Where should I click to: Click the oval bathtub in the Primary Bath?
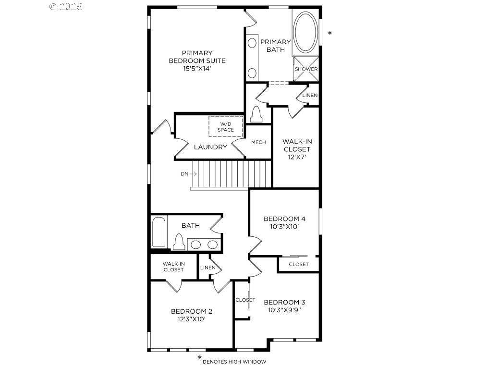click(x=305, y=32)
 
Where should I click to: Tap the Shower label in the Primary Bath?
click(x=306, y=69)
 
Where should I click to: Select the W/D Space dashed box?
click(x=225, y=127)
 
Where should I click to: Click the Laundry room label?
click(x=210, y=147)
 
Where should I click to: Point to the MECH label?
click(x=258, y=142)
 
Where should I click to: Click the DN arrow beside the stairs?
click(x=186, y=174)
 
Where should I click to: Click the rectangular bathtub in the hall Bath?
click(x=159, y=232)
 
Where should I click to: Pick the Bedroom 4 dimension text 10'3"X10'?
click(x=284, y=227)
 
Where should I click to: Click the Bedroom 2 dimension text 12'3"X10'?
click(x=191, y=319)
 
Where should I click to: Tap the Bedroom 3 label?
click(x=284, y=302)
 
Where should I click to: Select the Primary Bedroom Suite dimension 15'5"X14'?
click(x=197, y=69)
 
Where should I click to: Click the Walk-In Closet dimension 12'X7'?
click(x=296, y=157)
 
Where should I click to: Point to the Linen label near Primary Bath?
click(x=310, y=96)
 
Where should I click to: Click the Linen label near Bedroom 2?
click(x=207, y=268)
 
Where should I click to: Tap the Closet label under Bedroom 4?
click(x=299, y=264)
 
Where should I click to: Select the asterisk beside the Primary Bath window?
click(x=329, y=33)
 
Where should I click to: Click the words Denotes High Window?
click(x=234, y=361)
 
